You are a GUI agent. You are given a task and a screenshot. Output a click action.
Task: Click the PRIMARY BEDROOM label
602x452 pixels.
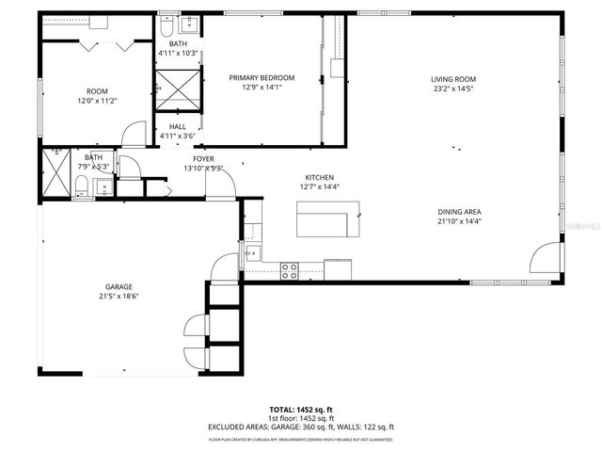coord(261,78)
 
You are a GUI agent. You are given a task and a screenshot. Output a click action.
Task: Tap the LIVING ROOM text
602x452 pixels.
coord(453,79)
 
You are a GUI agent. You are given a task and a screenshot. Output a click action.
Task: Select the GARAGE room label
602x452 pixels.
coord(119,286)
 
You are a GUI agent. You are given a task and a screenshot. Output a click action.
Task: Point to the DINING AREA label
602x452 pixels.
coord(459,212)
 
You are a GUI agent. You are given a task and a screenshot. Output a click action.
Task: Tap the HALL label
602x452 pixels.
coord(177,126)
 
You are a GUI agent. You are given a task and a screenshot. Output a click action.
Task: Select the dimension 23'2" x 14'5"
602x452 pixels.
coord(453,89)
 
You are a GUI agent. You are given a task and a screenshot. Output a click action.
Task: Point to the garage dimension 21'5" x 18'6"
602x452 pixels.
coord(119,296)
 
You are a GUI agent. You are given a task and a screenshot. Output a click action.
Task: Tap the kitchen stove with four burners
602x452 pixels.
coord(290,270)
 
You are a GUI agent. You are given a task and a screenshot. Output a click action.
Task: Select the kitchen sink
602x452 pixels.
coord(251,252)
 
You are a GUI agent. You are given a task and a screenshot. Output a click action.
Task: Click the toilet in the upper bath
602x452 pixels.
coord(167,23)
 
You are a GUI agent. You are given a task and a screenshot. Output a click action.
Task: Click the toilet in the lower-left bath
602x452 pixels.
coord(82,186)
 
